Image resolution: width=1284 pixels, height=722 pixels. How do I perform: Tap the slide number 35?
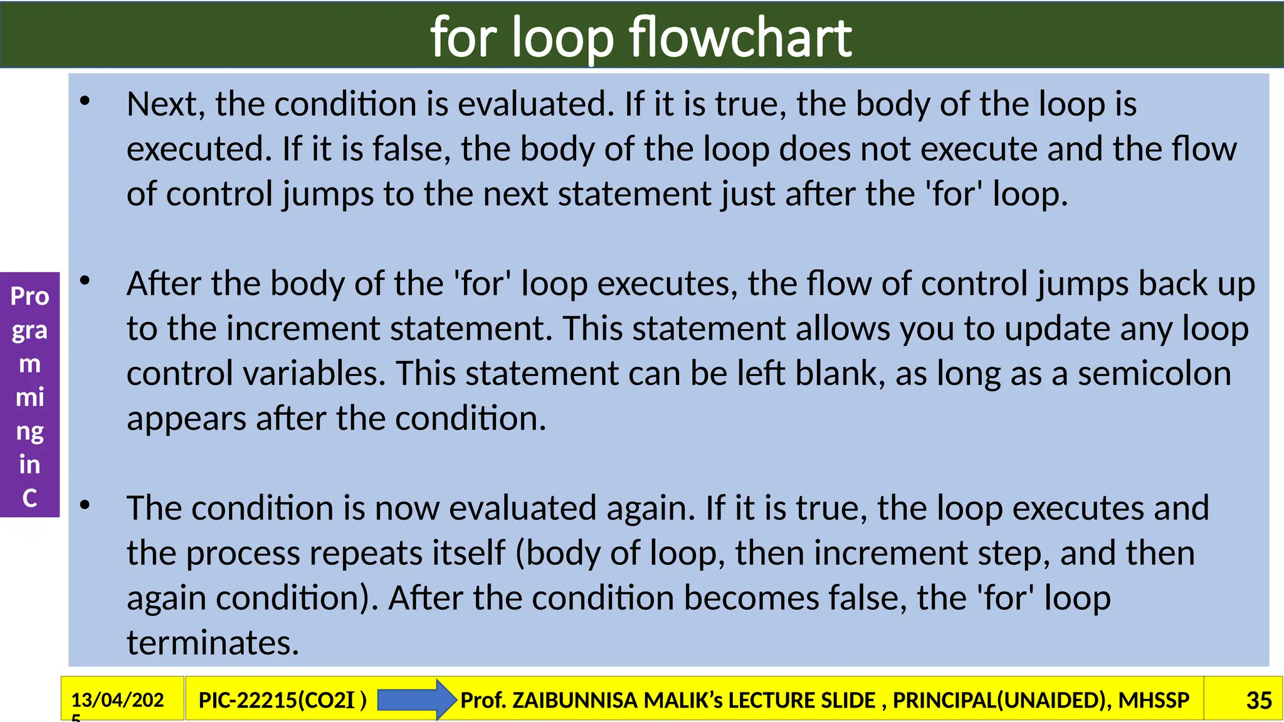(x=1258, y=700)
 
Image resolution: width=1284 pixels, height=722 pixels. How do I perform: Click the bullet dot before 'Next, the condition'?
(x=85, y=101)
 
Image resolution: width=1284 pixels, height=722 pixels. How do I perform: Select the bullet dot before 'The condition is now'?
(x=85, y=505)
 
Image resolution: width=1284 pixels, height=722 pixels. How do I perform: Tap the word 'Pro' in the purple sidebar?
(x=29, y=296)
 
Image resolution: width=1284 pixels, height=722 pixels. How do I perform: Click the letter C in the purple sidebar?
(x=29, y=498)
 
